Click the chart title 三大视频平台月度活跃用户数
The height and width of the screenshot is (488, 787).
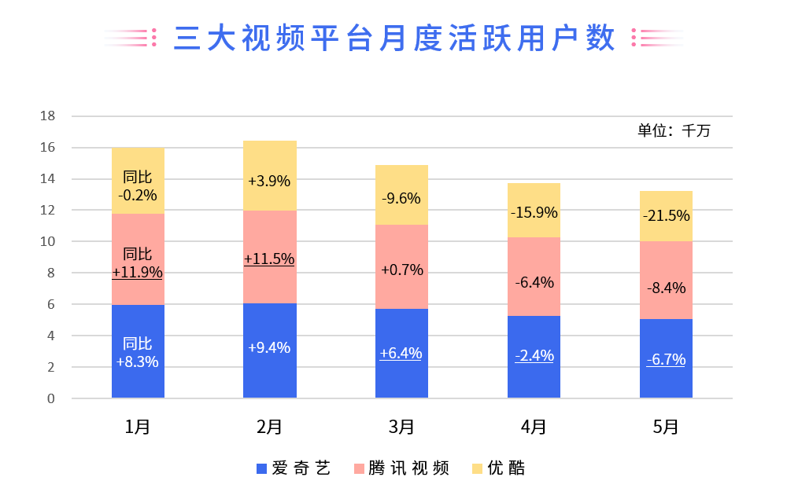pyautogui.click(x=393, y=38)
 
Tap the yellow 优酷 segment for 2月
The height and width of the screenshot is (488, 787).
pyautogui.click(x=270, y=157)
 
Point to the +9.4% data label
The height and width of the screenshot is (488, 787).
pyautogui.click(x=269, y=347)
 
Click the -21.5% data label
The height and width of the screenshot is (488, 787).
pyautogui.click(x=666, y=215)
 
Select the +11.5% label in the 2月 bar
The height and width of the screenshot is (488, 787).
pyautogui.click(x=269, y=259)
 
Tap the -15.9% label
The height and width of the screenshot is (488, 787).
pyautogui.click(x=534, y=212)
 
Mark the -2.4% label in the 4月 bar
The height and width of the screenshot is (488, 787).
pyautogui.click(x=534, y=355)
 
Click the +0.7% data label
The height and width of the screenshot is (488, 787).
pyautogui.click(x=401, y=270)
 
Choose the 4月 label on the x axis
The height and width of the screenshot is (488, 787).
pyautogui.click(x=534, y=427)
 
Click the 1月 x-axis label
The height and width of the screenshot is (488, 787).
pyautogui.click(x=138, y=427)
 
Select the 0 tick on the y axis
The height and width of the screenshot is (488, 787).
pyautogui.click(x=51, y=399)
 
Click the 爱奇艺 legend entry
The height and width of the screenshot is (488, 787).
pyautogui.click(x=293, y=468)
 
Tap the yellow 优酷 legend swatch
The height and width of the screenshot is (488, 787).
pyautogui.click(x=478, y=469)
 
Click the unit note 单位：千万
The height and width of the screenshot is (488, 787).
pyautogui.click(x=674, y=130)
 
